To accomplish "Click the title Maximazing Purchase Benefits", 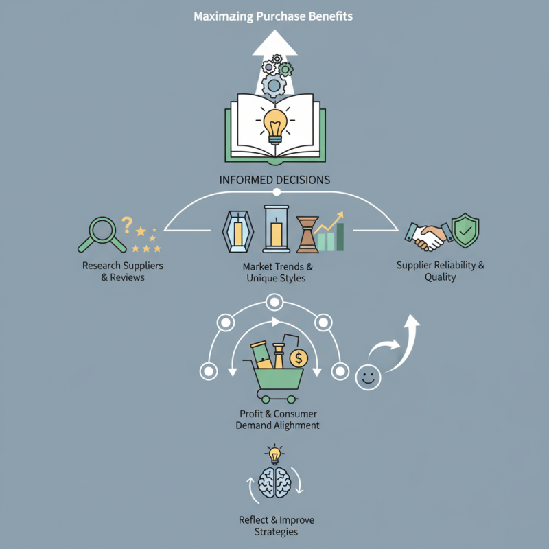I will click(274, 15).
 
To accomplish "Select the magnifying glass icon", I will click(101, 233).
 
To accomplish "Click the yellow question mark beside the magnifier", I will click(126, 223).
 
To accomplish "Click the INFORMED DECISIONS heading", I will click(274, 180).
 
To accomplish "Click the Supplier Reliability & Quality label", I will click(441, 271).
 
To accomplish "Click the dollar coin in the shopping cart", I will click(299, 358).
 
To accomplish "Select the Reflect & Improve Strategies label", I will click(275, 526).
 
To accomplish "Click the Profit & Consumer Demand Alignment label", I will click(277, 420).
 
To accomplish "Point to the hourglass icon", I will click(307, 233).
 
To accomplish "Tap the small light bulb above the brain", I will click(274, 453).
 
